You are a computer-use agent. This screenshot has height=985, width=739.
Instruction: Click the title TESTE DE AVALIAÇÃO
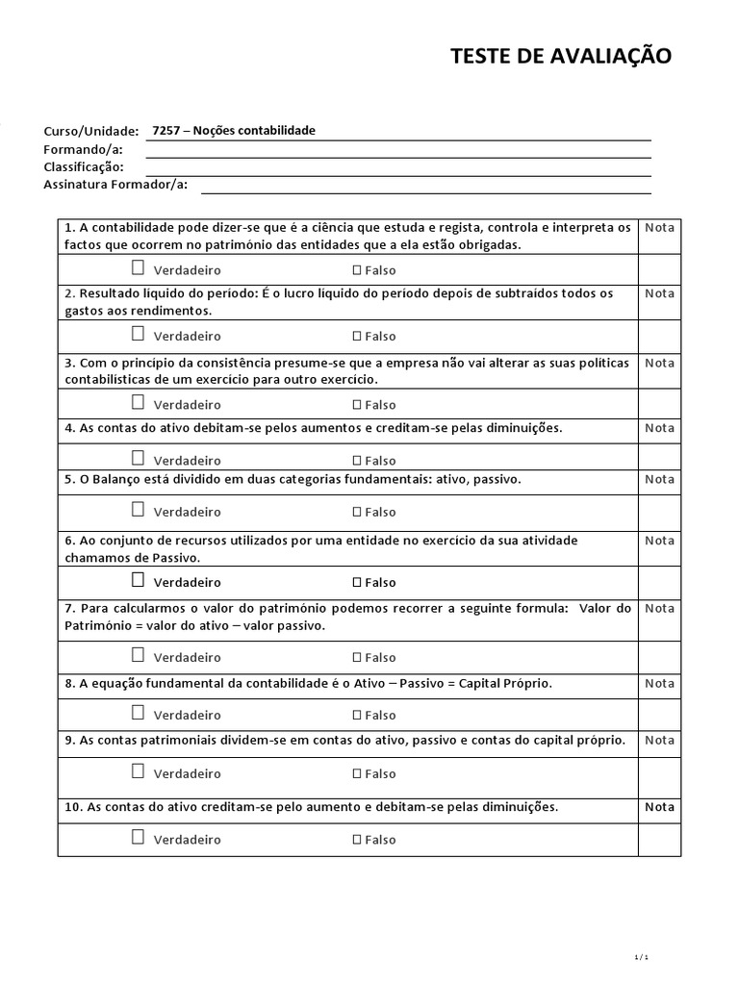pos(561,57)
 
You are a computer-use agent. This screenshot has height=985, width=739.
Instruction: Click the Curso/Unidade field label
pos(90,131)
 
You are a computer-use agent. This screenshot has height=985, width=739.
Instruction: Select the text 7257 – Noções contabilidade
pos(234,131)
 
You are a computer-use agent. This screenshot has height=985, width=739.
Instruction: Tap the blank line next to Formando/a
pos(398,150)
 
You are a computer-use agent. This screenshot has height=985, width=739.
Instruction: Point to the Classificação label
pos(83,166)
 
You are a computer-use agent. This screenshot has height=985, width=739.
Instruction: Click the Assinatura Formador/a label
pos(115,185)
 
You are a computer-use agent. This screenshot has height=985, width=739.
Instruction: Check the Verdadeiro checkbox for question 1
pos(139,268)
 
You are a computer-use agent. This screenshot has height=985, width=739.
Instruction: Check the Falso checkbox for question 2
pos(357,337)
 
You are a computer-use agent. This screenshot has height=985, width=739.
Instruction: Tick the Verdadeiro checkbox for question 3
pos(139,403)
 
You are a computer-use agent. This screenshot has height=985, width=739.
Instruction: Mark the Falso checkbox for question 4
pos(357,461)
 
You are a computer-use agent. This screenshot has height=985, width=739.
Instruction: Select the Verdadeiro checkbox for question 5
pos(139,511)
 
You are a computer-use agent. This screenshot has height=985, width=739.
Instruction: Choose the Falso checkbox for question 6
pos(357,583)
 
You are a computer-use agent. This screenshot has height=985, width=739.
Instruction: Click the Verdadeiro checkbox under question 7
pos(139,656)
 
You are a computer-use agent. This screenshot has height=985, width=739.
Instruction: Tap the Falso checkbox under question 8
pos(357,716)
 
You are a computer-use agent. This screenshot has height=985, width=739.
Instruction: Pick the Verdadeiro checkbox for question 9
pos(139,772)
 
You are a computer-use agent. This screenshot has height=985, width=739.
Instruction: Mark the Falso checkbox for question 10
pos(357,840)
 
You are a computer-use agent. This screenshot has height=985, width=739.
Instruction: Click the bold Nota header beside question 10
pos(659,807)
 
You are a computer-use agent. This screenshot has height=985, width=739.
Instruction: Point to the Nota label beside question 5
pos(659,479)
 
